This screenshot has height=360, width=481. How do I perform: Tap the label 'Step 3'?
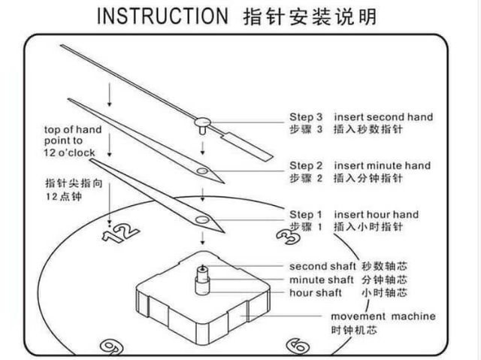(x=307, y=117)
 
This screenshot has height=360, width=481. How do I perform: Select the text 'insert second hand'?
(x=383, y=117)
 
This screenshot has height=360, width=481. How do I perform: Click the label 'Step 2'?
(x=307, y=165)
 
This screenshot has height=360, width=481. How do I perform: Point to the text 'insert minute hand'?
(x=383, y=165)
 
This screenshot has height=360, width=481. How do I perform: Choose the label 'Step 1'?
(x=307, y=214)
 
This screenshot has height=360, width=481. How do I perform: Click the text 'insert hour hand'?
(x=377, y=214)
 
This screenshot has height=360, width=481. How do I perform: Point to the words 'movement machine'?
(x=383, y=316)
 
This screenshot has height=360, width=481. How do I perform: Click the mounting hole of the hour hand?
(x=202, y=219)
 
